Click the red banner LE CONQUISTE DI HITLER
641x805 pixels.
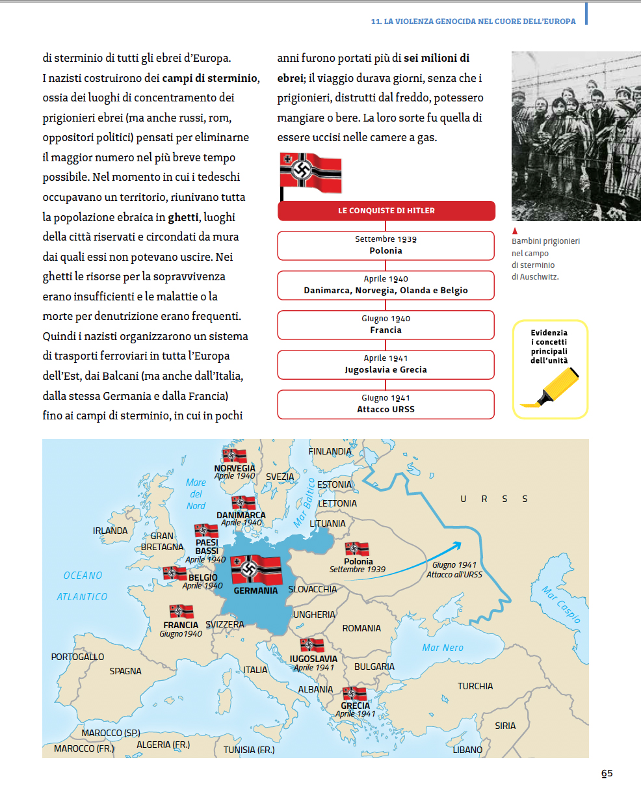coord(386,211)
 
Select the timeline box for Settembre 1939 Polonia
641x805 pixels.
coord(386,245)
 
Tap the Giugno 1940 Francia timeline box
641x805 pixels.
coord(386,324)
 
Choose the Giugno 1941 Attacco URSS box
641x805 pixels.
coord(386,404)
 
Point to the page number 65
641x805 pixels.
coord(607,773)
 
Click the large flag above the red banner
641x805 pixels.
coord(311,173)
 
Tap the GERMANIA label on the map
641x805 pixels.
coord(255,590)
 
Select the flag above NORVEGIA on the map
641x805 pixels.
coord(234,455)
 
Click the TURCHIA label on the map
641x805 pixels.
coord(475,686)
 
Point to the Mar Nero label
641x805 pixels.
coord(443,648)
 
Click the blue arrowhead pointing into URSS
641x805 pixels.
coord(458,545)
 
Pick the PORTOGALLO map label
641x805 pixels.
coord(77,657)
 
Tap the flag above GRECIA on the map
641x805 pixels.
coord(355,694)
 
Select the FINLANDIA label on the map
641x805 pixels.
coord(330,451)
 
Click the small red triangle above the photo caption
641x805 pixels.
coord(515,231)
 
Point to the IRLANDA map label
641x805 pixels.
coord(110,531)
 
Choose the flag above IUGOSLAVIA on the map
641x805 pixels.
coord(312,645)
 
